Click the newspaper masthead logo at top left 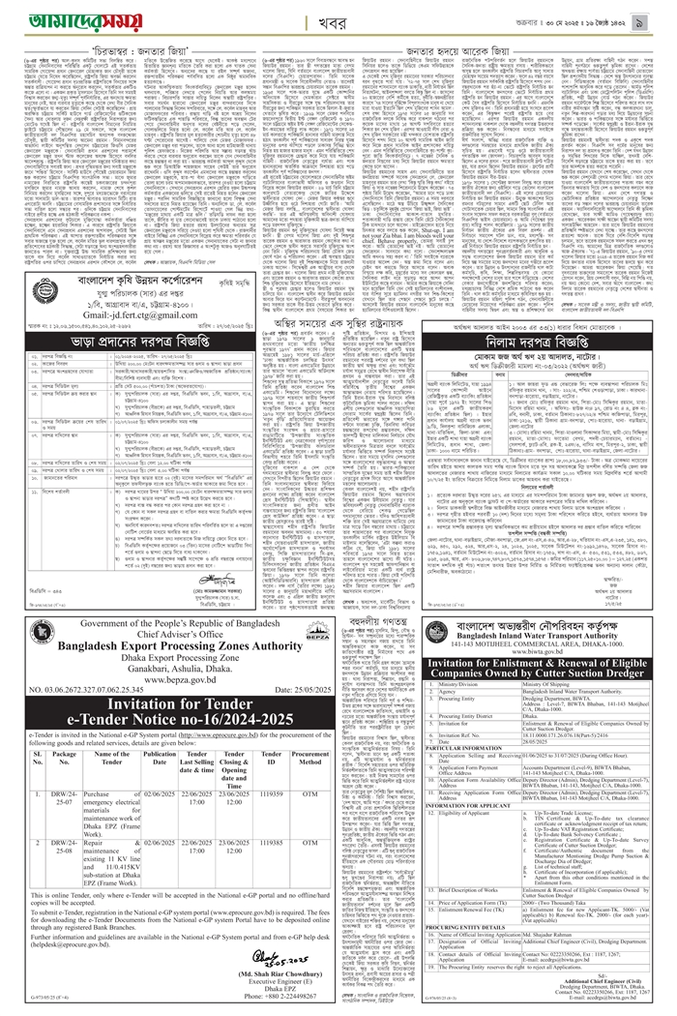click(x=64, y=17)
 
